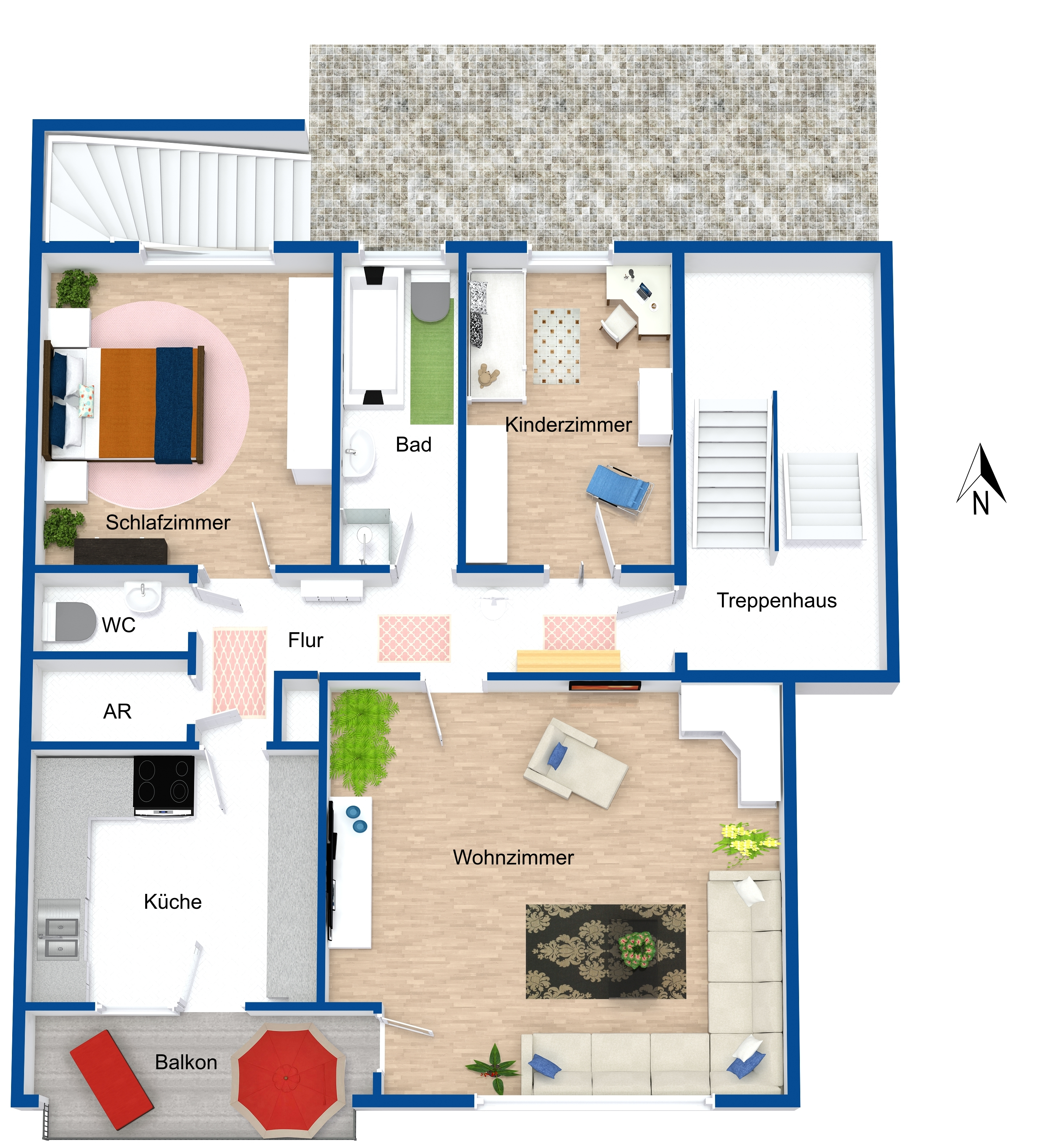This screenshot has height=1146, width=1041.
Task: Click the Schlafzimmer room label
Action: pos(168,523)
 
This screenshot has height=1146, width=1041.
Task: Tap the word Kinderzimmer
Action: pos(568,425)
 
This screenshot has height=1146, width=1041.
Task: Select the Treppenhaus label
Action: pos(776,600)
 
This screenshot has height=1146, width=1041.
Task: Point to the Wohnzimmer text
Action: pos(513,857)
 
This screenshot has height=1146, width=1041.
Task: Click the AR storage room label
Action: pos(117,711)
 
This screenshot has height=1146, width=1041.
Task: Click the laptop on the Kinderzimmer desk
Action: pos(645,291)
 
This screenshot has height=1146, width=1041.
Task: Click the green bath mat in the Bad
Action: pos(432,361)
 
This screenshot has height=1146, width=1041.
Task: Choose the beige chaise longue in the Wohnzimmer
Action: pos(576,763)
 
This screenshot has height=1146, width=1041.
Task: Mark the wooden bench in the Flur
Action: pos(568,660)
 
